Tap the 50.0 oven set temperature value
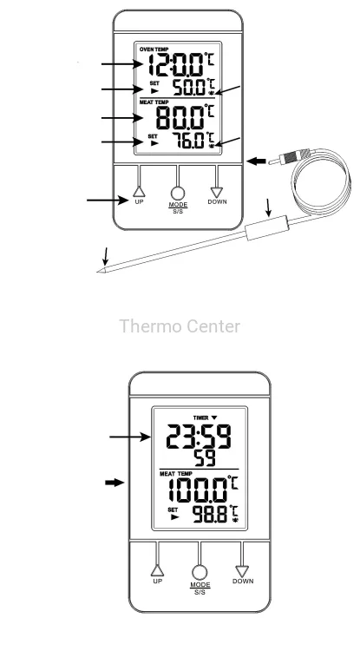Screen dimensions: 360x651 click(189, 88)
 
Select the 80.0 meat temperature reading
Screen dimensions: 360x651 click(180, 117)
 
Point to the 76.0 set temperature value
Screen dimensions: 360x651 click(189, 141)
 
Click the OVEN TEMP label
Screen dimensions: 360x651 click(154, 49)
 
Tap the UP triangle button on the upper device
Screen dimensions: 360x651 click(139, 192)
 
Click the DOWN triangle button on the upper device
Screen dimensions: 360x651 click(217, 192)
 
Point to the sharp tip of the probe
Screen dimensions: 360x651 click(98, 272)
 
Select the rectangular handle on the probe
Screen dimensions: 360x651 click(265, 227)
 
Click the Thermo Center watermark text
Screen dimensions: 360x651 click(180, 326)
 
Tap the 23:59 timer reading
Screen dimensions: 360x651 click(200, 436)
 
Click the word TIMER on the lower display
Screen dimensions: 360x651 click(200, 418)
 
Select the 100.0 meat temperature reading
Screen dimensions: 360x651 click(199, 490)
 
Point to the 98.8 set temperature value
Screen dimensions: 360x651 click(210, 515)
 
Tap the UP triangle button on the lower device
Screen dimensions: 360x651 click(157, 570)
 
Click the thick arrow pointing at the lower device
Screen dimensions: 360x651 click(115, 483)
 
